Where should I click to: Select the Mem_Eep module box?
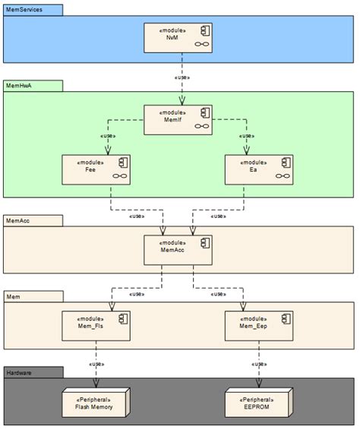pos(259,326)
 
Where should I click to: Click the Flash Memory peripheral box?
pos(96,402)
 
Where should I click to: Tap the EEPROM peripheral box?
pos(259,402)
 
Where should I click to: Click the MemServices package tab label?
pos(23,9)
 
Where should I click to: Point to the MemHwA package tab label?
pos(18,87)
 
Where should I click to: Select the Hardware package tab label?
pos(19,373)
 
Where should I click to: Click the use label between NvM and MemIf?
pos(182,77)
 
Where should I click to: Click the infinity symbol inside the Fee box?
pos(119,176)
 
